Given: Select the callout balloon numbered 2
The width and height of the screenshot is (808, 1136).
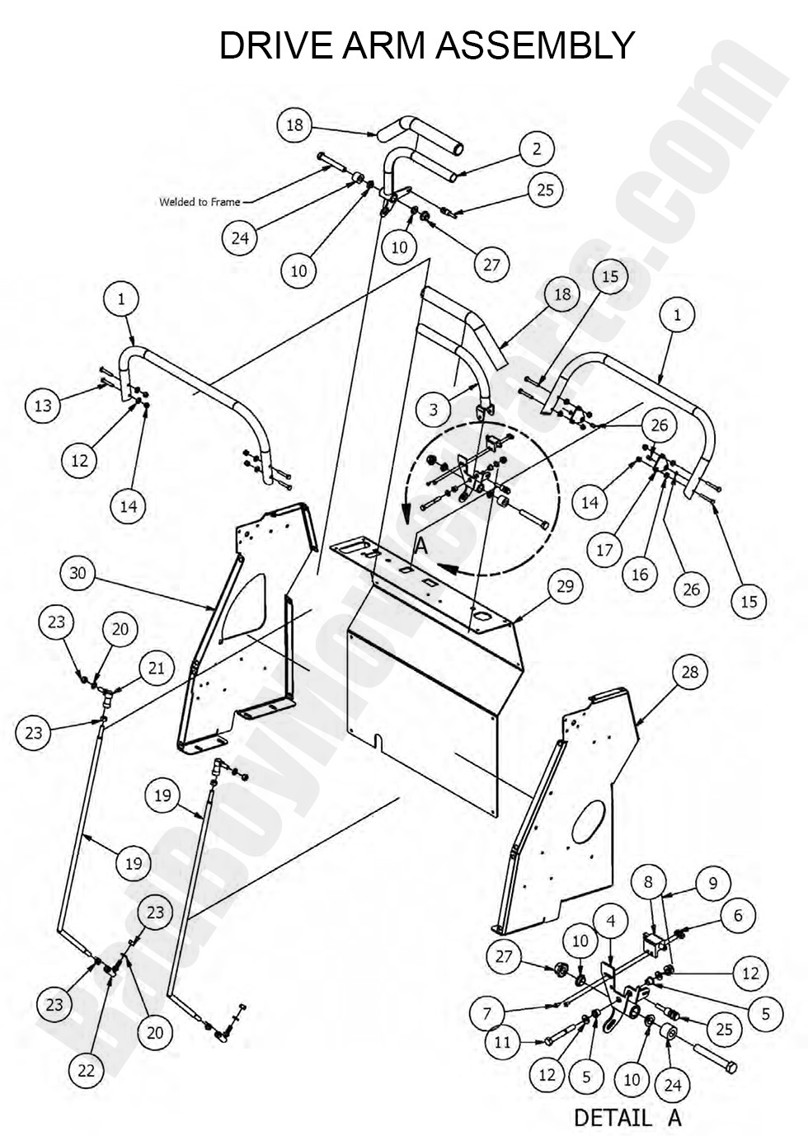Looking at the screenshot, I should click(537, 148).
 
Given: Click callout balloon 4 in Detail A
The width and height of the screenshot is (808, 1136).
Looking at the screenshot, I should click(610, 917).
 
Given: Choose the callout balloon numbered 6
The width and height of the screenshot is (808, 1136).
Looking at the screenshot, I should click(738, 914).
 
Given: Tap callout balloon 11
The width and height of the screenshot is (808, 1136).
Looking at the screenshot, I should click(504, 1042).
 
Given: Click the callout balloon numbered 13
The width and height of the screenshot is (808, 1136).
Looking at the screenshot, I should click(43, 405).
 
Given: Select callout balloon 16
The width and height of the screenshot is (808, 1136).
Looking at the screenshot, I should click(640, 575).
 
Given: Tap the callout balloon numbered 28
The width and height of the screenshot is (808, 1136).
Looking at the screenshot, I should click(689, 671).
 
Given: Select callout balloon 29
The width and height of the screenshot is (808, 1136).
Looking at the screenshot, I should click(565, 586).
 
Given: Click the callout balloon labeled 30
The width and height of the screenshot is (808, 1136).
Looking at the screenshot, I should click(78, 572).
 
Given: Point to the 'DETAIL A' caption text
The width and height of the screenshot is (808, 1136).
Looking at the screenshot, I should click(627, 1118).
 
